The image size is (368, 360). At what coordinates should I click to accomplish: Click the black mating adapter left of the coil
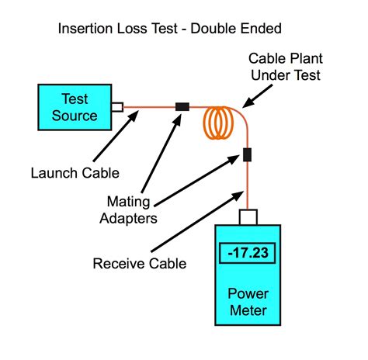[184, 106]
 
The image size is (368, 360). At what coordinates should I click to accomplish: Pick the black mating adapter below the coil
[248, 154]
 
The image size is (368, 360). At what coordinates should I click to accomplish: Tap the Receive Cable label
[140, 264]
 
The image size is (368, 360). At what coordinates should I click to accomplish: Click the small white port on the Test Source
[117, 106]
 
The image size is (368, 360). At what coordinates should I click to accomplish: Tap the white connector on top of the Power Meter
[248, 215]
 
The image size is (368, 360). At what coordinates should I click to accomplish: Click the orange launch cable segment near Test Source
[148, 106]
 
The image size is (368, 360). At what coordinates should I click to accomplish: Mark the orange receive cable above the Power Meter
[248, 186]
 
